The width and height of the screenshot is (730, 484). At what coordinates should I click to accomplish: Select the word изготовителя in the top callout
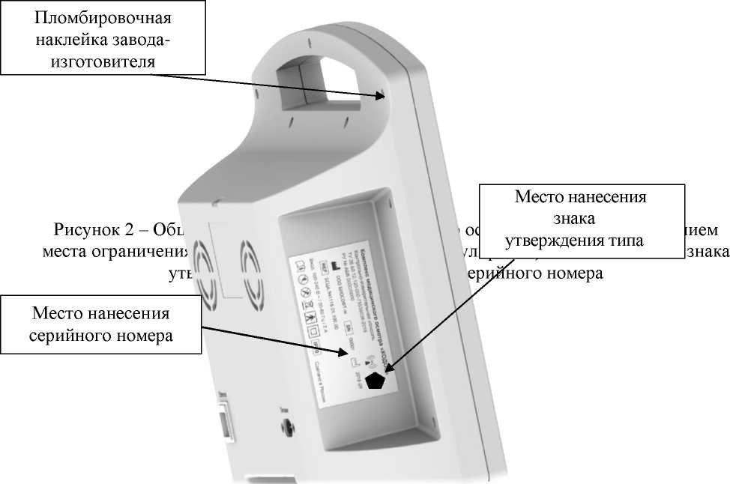point(102,62)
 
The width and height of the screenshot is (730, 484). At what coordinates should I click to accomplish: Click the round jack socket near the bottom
point(289,428)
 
